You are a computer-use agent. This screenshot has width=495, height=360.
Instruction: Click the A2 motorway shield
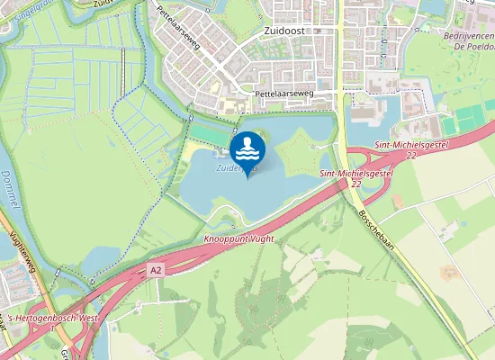pyautogui.click(x=157, y=269)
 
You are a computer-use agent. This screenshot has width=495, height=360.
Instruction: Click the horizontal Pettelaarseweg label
pyautogui.click(x=284, y=93)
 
